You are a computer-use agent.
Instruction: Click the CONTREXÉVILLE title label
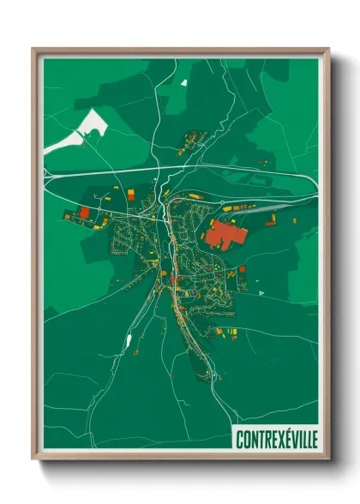pos(275,438)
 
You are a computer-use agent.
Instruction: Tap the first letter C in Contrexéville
pos(238,438)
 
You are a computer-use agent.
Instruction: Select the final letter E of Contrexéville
pos(313,438)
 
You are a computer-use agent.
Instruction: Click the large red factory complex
pos(225,234)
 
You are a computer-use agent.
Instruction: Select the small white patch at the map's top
pos(183,82)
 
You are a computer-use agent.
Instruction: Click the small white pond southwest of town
pos(129,340)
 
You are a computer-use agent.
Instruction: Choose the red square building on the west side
pos(85,211)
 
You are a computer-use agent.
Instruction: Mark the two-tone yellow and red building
pos(129,195)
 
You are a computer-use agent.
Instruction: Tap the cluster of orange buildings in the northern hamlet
pos(195,136)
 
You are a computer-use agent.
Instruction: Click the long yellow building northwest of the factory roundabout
pos(196,196)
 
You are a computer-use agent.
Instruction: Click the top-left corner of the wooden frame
pos(33,48)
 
